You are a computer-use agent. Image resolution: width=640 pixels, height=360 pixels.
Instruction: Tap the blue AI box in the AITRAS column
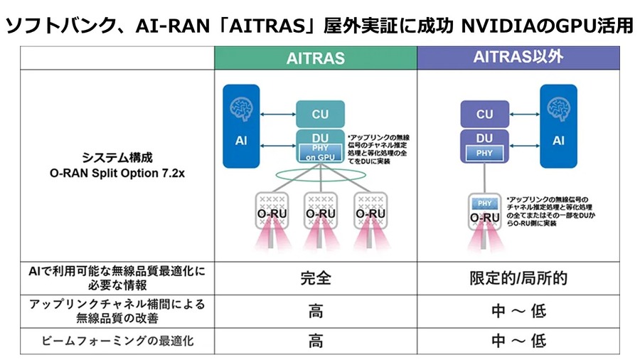click(241, 126)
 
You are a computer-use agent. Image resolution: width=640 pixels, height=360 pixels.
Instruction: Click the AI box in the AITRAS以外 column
click(559, 126)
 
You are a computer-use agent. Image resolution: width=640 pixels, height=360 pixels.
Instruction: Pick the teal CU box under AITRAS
click(321, 114)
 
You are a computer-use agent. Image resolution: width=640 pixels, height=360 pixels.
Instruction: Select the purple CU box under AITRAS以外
click(485, 114)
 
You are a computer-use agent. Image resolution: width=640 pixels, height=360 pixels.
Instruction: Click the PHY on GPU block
click(321, 152)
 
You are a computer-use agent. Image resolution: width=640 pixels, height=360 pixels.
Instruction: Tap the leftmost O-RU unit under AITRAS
click(271, 211)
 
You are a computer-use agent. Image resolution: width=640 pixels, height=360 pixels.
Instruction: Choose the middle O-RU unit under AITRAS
click(321, 211)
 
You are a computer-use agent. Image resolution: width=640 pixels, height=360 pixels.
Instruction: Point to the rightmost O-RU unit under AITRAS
click(370, 211)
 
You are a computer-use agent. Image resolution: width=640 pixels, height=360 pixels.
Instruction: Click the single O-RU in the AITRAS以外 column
click(485, 213)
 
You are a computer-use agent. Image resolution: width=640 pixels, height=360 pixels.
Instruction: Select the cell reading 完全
click(315, 278)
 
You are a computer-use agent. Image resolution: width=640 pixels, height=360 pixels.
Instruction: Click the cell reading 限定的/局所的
click(518, 278)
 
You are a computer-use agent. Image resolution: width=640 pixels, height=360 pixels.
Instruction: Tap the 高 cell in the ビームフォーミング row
click(315, 341)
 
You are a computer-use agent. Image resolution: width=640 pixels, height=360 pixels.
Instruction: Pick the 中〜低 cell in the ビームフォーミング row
click(518, 341)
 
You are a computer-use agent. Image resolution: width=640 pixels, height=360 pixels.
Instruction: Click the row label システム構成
click(117, 158)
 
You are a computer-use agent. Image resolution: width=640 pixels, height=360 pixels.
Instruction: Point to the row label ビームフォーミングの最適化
click(117, 342)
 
